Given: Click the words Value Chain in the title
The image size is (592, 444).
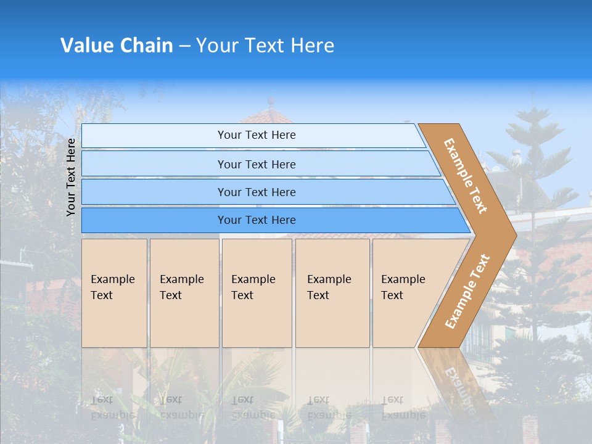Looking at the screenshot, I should [117, 46].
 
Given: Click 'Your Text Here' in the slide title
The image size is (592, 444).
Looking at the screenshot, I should [265, 46].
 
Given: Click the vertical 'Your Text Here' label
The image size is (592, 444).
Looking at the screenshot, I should [71, 177].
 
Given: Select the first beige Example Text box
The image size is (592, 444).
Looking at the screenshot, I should [114, 293].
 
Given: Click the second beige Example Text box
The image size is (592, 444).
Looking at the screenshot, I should [184, 293].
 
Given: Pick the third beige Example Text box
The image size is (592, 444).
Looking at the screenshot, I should [257, 293].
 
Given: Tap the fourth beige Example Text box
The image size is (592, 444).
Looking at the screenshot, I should [332, 293].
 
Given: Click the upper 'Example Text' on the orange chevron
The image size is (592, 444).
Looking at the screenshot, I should [466, 176].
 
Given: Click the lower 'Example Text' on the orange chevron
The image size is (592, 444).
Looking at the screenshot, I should [467, 292].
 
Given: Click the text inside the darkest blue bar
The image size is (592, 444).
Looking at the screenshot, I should [257, 220].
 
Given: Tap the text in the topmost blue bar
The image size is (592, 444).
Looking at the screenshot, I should [257, 135].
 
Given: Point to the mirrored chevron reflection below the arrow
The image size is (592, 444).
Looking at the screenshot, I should [456, 382].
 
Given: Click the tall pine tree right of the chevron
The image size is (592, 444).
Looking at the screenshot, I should [536, 185].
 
